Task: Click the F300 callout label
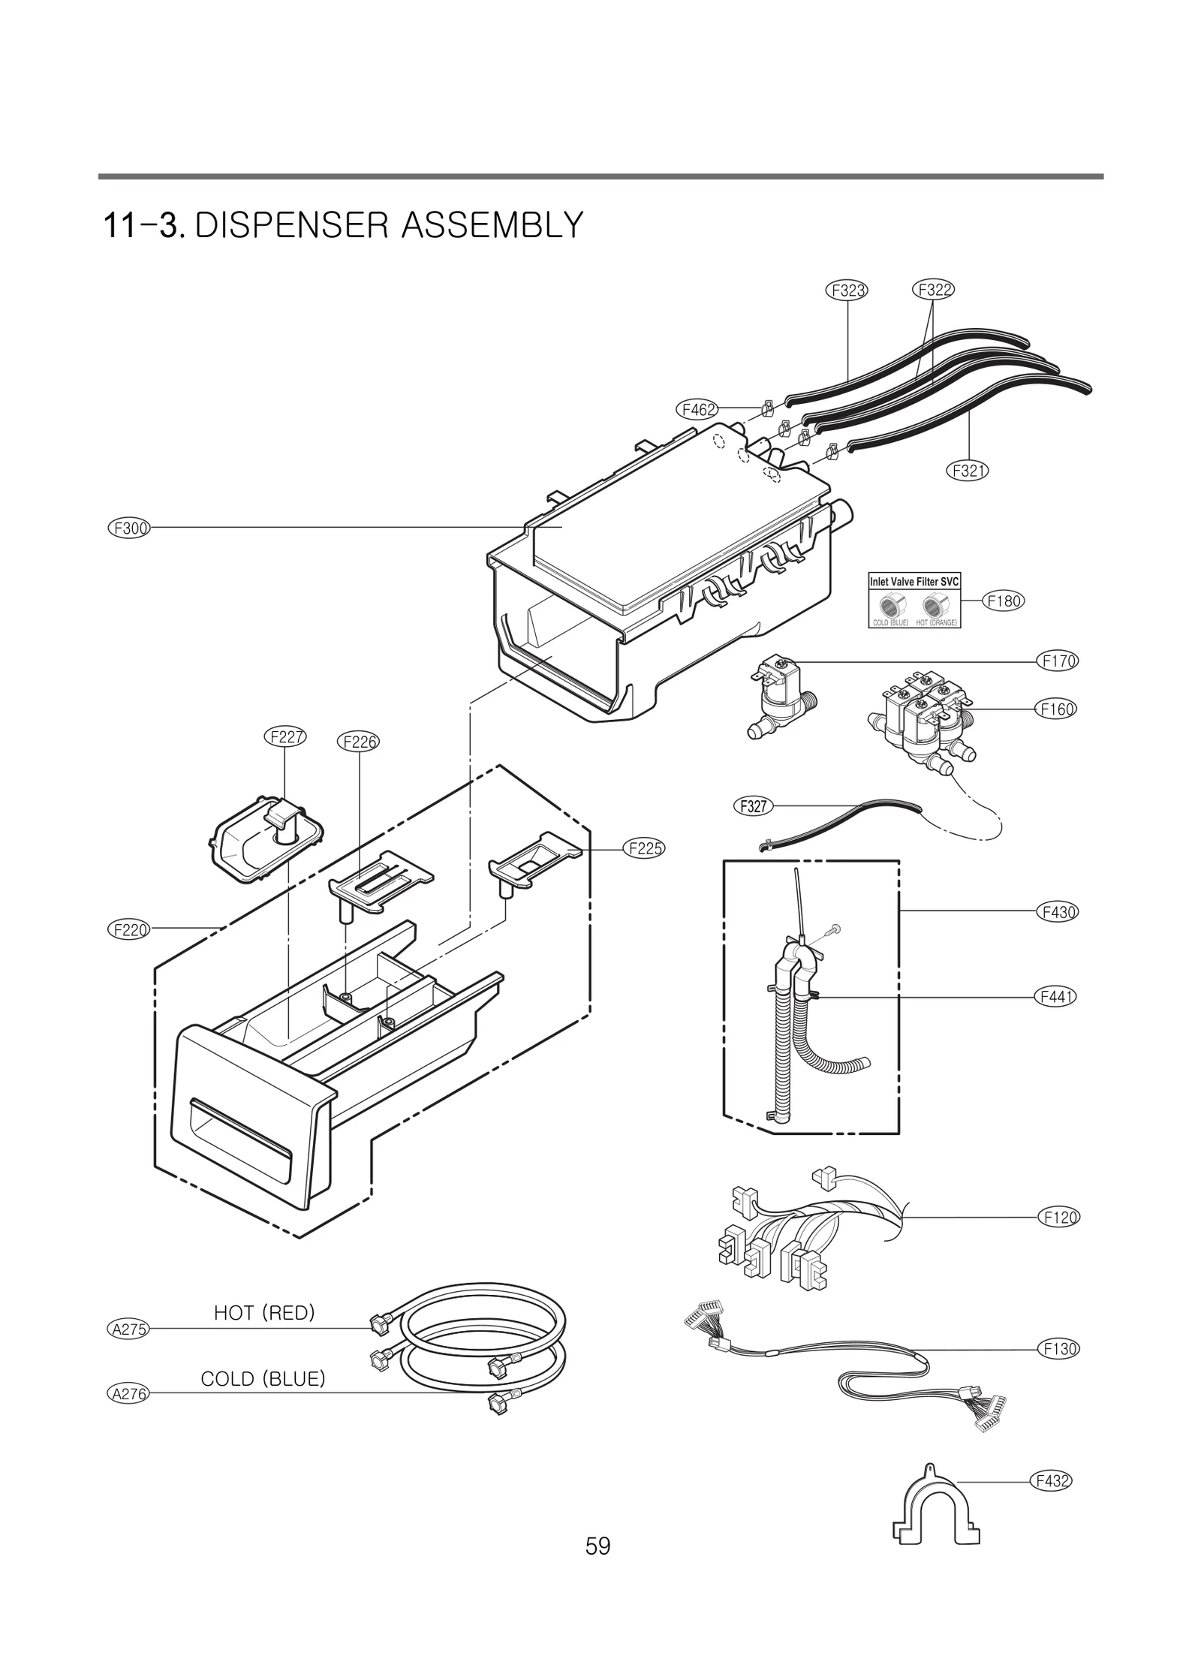point(129,528)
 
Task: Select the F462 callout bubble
point(697,410)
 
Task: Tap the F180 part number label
point(1004,601)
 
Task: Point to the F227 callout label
point(286,736)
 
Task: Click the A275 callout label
point(129,1329)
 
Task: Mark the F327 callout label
point(752,807)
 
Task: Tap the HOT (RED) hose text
point(264,1312)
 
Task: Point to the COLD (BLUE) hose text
point(263,1378)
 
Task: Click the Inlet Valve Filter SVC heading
point(914,582)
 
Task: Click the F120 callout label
point(1059,1217)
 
